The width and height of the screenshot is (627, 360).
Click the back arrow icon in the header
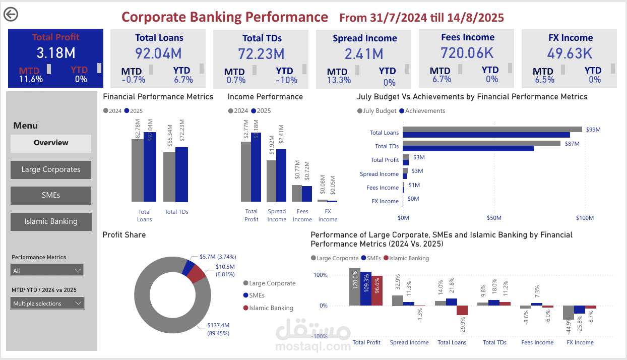(11, 15)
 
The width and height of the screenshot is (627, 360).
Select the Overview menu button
(51, 143)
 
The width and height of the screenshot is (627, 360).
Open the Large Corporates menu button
(51, 170)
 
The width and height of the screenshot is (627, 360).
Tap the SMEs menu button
(51, 196)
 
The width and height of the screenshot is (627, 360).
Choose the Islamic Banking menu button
(51, 221)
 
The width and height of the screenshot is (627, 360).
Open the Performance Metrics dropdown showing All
(47, 271)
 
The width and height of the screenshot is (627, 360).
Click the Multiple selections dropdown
(47, 304)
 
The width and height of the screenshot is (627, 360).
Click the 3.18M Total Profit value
(56, 53)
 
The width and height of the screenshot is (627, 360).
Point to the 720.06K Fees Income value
(467, 52)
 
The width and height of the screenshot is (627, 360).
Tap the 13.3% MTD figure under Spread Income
(339, 80)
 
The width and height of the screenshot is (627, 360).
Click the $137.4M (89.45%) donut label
(218, 329)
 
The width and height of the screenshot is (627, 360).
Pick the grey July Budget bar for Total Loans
(492, 130)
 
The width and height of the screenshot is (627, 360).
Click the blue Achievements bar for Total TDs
(468, 149)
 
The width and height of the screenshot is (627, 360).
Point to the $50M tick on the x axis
(494, 218)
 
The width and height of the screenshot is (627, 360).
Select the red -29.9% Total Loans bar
(462, 310)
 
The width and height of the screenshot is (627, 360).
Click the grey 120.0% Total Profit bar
(355, 287)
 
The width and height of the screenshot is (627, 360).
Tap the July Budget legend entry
(377, 111)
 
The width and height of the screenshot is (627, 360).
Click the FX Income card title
(570, 38)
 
